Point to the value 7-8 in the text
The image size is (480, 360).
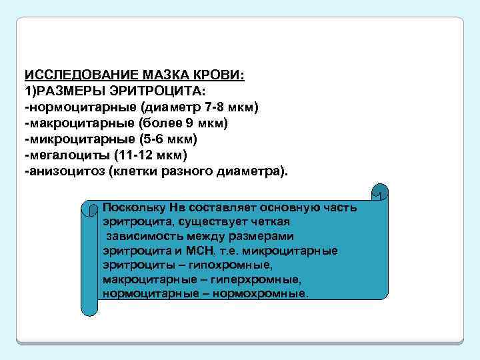(217, 107)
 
